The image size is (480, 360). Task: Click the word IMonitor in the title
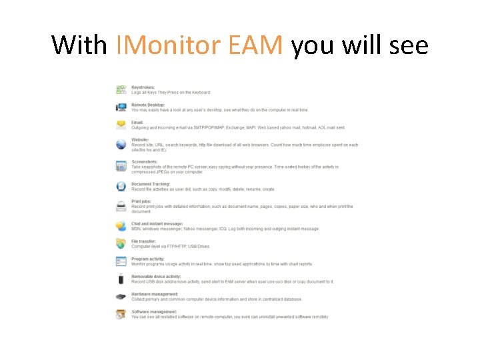169,45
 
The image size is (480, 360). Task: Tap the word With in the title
79,45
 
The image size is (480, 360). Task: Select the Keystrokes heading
143,87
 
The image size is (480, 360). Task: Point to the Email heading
137,122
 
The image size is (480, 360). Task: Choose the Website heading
140,139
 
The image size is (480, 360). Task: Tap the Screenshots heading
145,161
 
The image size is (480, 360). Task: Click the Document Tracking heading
151,184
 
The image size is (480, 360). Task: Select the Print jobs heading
142,201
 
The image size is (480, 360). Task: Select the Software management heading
155,311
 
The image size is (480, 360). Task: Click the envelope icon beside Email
121,125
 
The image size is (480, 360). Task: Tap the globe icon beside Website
121,144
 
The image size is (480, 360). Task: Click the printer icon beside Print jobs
121,206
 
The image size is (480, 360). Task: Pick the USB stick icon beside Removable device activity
121,279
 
